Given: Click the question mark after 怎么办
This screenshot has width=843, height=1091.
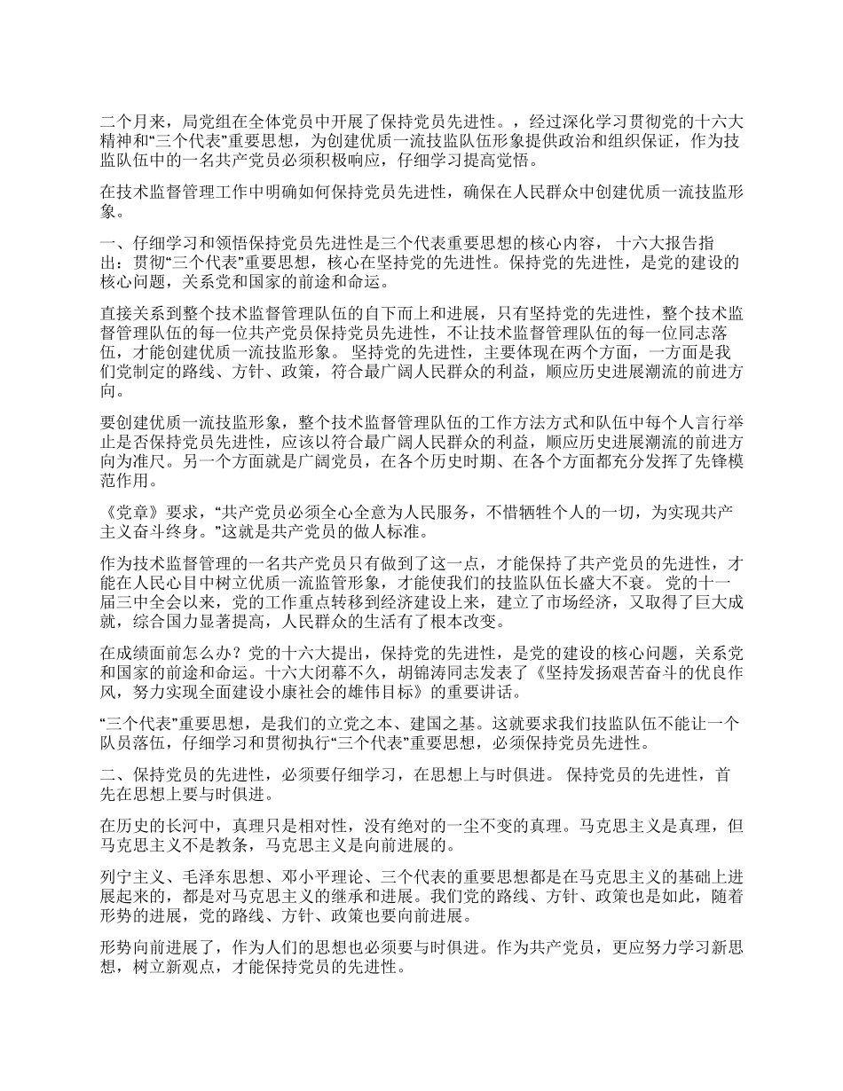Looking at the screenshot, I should tap(220, 654).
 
